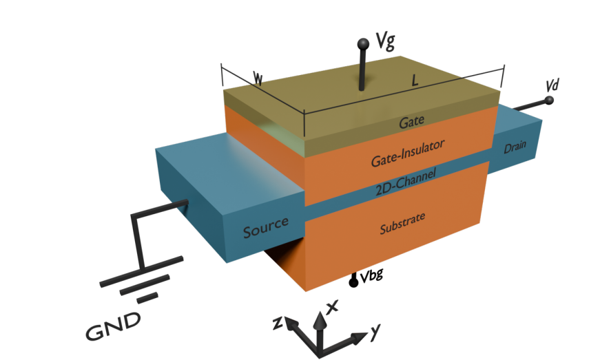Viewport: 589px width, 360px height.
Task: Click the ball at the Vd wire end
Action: [550, 101]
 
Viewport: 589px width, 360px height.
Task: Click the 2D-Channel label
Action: [406, 184]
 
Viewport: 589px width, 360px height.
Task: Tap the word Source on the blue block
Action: [265, 229]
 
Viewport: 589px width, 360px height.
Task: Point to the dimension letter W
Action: [258, 79]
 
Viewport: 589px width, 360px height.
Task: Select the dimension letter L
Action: [414, 81]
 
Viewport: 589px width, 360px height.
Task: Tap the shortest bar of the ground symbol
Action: [147, 299]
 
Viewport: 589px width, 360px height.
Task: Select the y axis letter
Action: [375, 332]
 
